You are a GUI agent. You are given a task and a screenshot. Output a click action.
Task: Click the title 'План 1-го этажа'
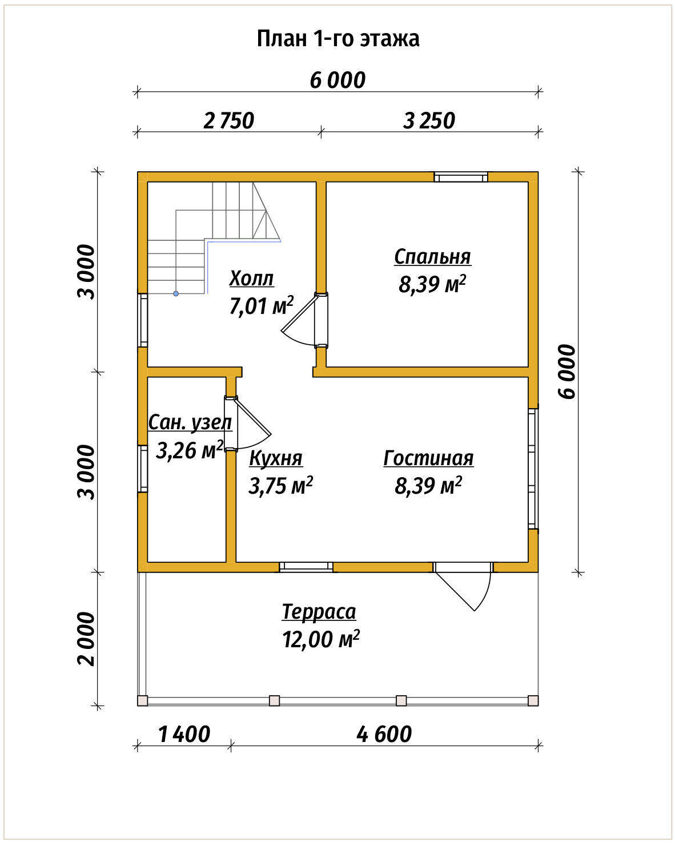pyautogui.click(x=338, y=39)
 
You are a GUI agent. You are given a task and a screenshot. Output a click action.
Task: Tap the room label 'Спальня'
pyautogui.click(x=432, y=257)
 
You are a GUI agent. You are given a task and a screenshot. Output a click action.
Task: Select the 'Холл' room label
pyautogui.click(x=251, y=279)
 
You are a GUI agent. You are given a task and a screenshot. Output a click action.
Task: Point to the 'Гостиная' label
pyautogui.click(x=428, y=458)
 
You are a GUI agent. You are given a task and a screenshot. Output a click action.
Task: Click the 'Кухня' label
pyautogui.click(x=276, y=458)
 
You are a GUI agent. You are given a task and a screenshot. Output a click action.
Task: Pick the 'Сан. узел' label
pyautogui.click(x=190, y=422)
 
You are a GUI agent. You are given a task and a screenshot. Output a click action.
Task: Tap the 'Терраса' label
pyautogui.click(x=319, y=611)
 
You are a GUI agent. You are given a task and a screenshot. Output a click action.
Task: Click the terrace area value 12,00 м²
pyautogui.click(x=321, y=639)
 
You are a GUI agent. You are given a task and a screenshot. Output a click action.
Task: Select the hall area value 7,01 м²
pyautogui.click(x=261, y=305)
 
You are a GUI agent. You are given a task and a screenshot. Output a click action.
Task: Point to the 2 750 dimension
pyautogui.click(x=229, y=120)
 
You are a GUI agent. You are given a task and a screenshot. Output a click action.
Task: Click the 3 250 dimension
pyautogui.click(x=429, y=120)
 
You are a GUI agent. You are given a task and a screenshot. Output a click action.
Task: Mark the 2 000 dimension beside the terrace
pyautogui.click(x=86, y=639)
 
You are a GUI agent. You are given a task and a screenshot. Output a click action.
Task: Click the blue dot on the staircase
pyautogui.click(x=176, y=293)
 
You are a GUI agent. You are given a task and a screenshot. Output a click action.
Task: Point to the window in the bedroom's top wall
pyautogui.click(x=461, y=177)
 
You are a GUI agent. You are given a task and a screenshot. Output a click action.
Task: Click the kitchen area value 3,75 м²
pyautogui.click(x=280, y=486)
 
